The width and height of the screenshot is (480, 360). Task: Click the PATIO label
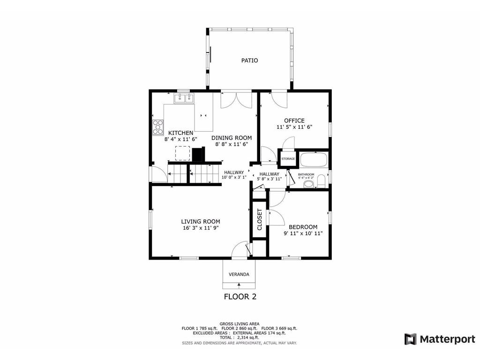249,60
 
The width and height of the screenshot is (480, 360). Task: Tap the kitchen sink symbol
184,98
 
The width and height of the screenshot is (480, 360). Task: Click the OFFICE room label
294,120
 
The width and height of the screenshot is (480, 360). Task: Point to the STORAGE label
288,159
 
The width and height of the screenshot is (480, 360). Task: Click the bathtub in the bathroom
314,159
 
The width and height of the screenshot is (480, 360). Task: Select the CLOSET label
260,220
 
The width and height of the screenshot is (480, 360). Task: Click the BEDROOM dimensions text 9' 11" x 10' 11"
303,233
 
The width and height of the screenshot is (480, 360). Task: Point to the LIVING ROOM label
201,222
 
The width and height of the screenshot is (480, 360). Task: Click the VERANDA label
239,274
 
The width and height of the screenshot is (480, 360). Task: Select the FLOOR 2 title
240,296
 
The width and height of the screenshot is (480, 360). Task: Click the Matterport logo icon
411,339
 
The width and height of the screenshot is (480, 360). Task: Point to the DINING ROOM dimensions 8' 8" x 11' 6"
231,145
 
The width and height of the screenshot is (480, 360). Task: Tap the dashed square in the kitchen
182,153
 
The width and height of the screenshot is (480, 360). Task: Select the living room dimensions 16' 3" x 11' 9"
201,228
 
